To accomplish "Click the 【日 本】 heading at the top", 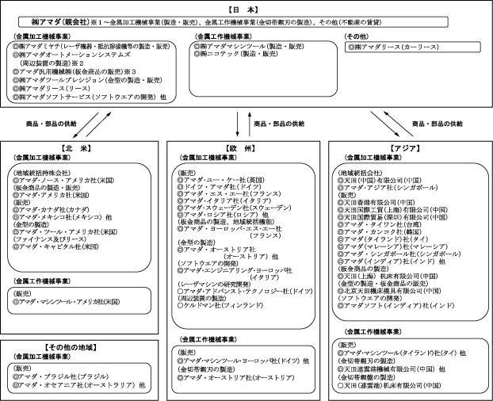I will tap(246, 7).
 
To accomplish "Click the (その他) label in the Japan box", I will tap(357, 37).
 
